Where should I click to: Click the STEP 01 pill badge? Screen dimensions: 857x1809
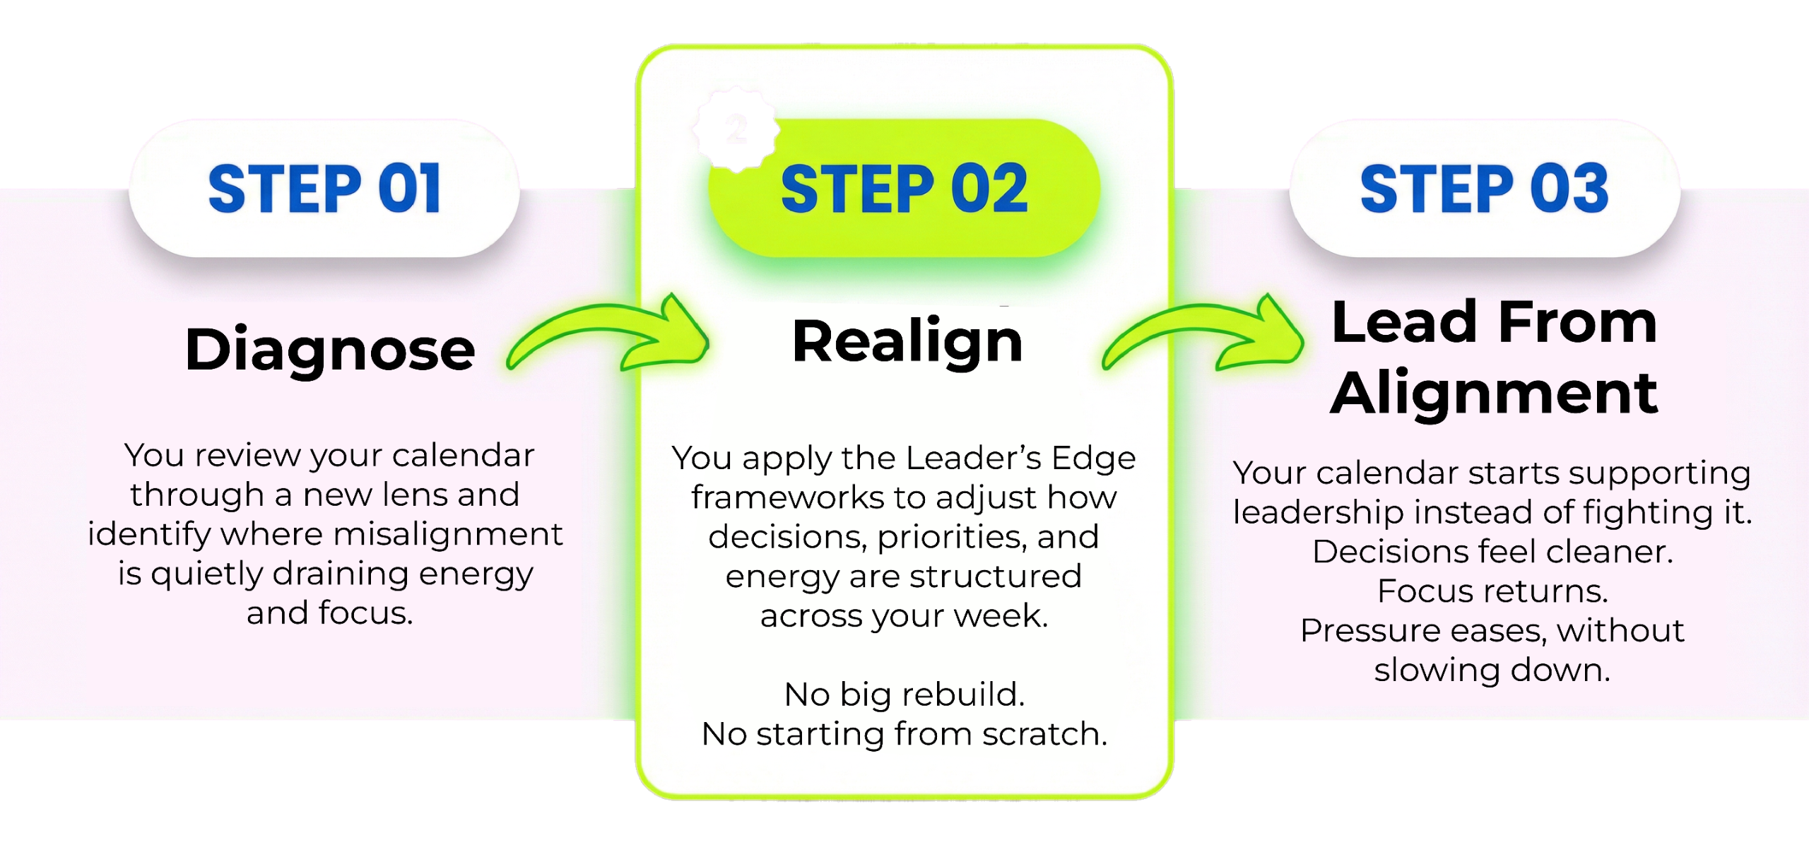(x=324, y=188)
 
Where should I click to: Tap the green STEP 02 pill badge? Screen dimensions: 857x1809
(x=904, y=188)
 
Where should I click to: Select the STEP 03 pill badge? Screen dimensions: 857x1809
(x=1484, y=188)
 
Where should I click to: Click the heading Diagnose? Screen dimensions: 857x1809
(x=329, y=350)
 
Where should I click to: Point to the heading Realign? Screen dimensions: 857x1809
(x=907, y=342)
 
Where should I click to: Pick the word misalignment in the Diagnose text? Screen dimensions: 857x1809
(x=448, y=534)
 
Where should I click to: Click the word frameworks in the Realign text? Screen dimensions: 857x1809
(x=786, y=498)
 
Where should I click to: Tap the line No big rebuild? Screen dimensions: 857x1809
(x=904, y=695)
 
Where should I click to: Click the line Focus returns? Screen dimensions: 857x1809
(x=1492, y=591)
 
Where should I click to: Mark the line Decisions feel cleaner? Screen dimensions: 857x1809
(x=1492, y=552)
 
